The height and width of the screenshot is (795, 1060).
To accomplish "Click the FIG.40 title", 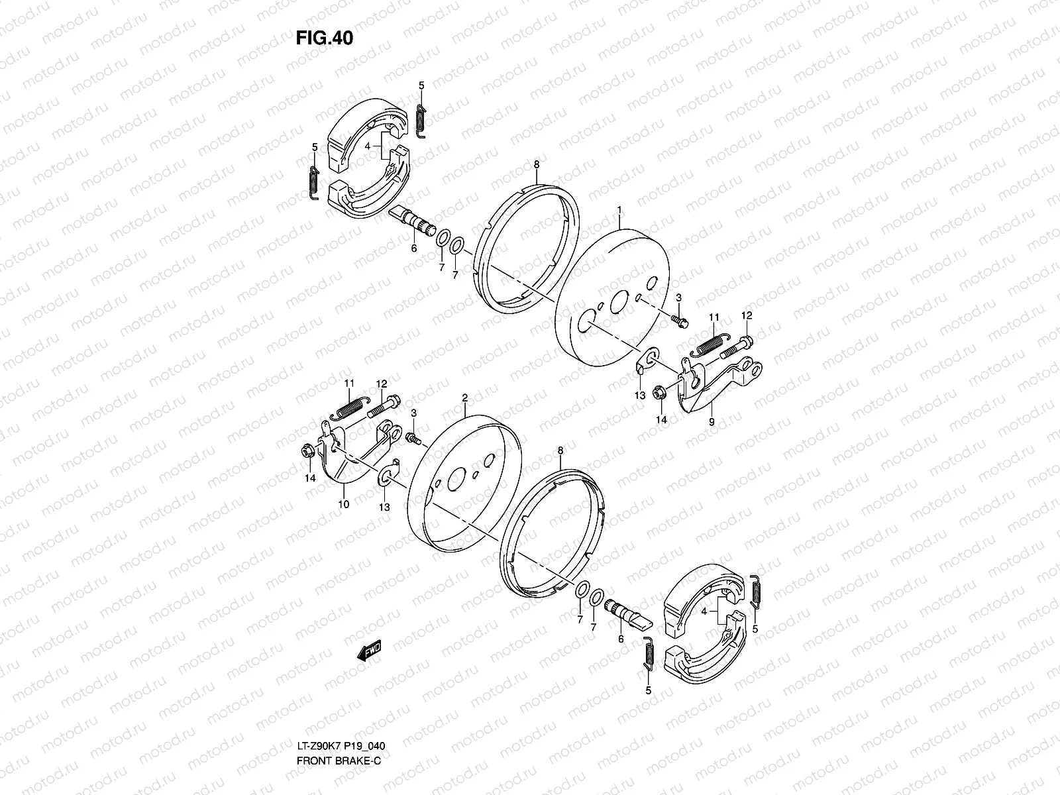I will click(x=325, y=38).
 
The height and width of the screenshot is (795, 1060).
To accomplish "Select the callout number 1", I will click(x=619, y=210).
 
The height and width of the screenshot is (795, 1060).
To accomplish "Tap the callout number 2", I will click(x=465, y=397).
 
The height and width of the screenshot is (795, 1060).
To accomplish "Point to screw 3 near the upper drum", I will click(x=680, y=321).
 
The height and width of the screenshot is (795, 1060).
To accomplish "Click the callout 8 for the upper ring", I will click(x=536, y=163).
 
